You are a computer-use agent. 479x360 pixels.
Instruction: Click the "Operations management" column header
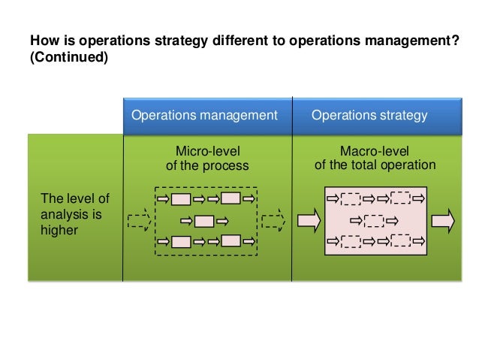point(204,116)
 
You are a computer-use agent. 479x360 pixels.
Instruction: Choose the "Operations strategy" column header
point(369,116)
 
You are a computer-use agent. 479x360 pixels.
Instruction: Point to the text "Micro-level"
point(206,151)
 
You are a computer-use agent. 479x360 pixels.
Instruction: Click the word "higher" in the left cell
point(59,231)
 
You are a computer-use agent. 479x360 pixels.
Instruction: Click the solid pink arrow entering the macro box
point(309,220)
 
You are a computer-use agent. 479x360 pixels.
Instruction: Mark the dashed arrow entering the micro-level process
point(140,221)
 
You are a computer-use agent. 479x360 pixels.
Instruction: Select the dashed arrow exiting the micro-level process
point(274,221)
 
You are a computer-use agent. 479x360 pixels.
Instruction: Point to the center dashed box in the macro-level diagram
point(375,221)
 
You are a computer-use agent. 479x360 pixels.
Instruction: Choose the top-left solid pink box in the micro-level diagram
point(180,199)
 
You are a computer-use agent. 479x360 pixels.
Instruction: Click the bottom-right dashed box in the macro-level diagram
point(401,241)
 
